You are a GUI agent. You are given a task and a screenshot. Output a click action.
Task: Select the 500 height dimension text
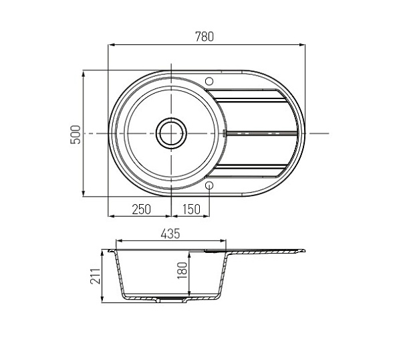coord(76,133)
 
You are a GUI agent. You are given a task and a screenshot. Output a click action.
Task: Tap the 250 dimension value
coord(141,209)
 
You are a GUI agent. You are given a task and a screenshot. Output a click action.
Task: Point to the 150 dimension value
coord(191,209)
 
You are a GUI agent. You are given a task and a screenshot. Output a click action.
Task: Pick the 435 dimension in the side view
coord(171,234)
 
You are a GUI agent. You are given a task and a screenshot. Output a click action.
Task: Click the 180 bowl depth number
coord(181,271)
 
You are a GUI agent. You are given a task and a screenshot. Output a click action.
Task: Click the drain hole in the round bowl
coord(171,133)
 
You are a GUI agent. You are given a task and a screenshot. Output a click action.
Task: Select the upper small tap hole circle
coord(209,80)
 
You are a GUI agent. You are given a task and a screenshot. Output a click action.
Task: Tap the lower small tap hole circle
coord(209,185)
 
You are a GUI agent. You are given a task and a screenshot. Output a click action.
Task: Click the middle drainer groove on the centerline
coord(261,133)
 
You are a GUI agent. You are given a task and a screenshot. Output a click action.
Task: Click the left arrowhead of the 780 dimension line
coord(112,45)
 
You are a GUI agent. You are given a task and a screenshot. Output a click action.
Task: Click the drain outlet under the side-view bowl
coord(171,300)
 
